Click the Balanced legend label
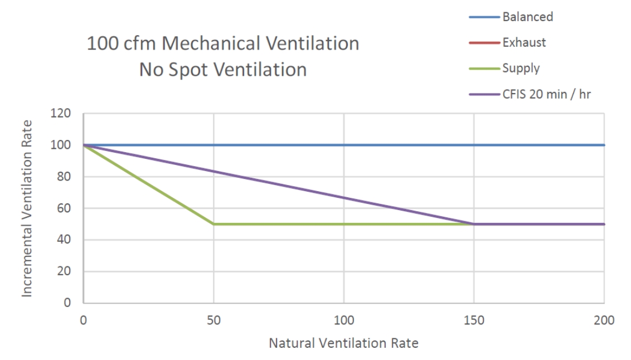click(x=527, y=17)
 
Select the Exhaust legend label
click(x=523, y=42)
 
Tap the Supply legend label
click(x=521, y=68)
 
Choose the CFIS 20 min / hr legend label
click(x=546, y=94)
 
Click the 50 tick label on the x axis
click(x=213, y=320)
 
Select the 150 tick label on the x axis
click(x=474, y=320)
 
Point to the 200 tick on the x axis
click(x=604, y=320)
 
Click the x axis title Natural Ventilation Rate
click(x=343, y=343)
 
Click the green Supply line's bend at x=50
click(x=213, y=224)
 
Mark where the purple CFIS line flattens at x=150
click(x=474, y=224)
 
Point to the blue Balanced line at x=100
click(x=343, y=145)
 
